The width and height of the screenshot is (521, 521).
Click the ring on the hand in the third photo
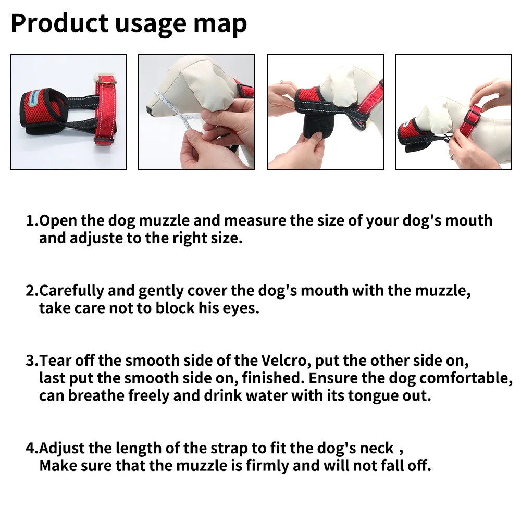point(281,82)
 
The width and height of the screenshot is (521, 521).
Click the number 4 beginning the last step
point(30,448)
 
